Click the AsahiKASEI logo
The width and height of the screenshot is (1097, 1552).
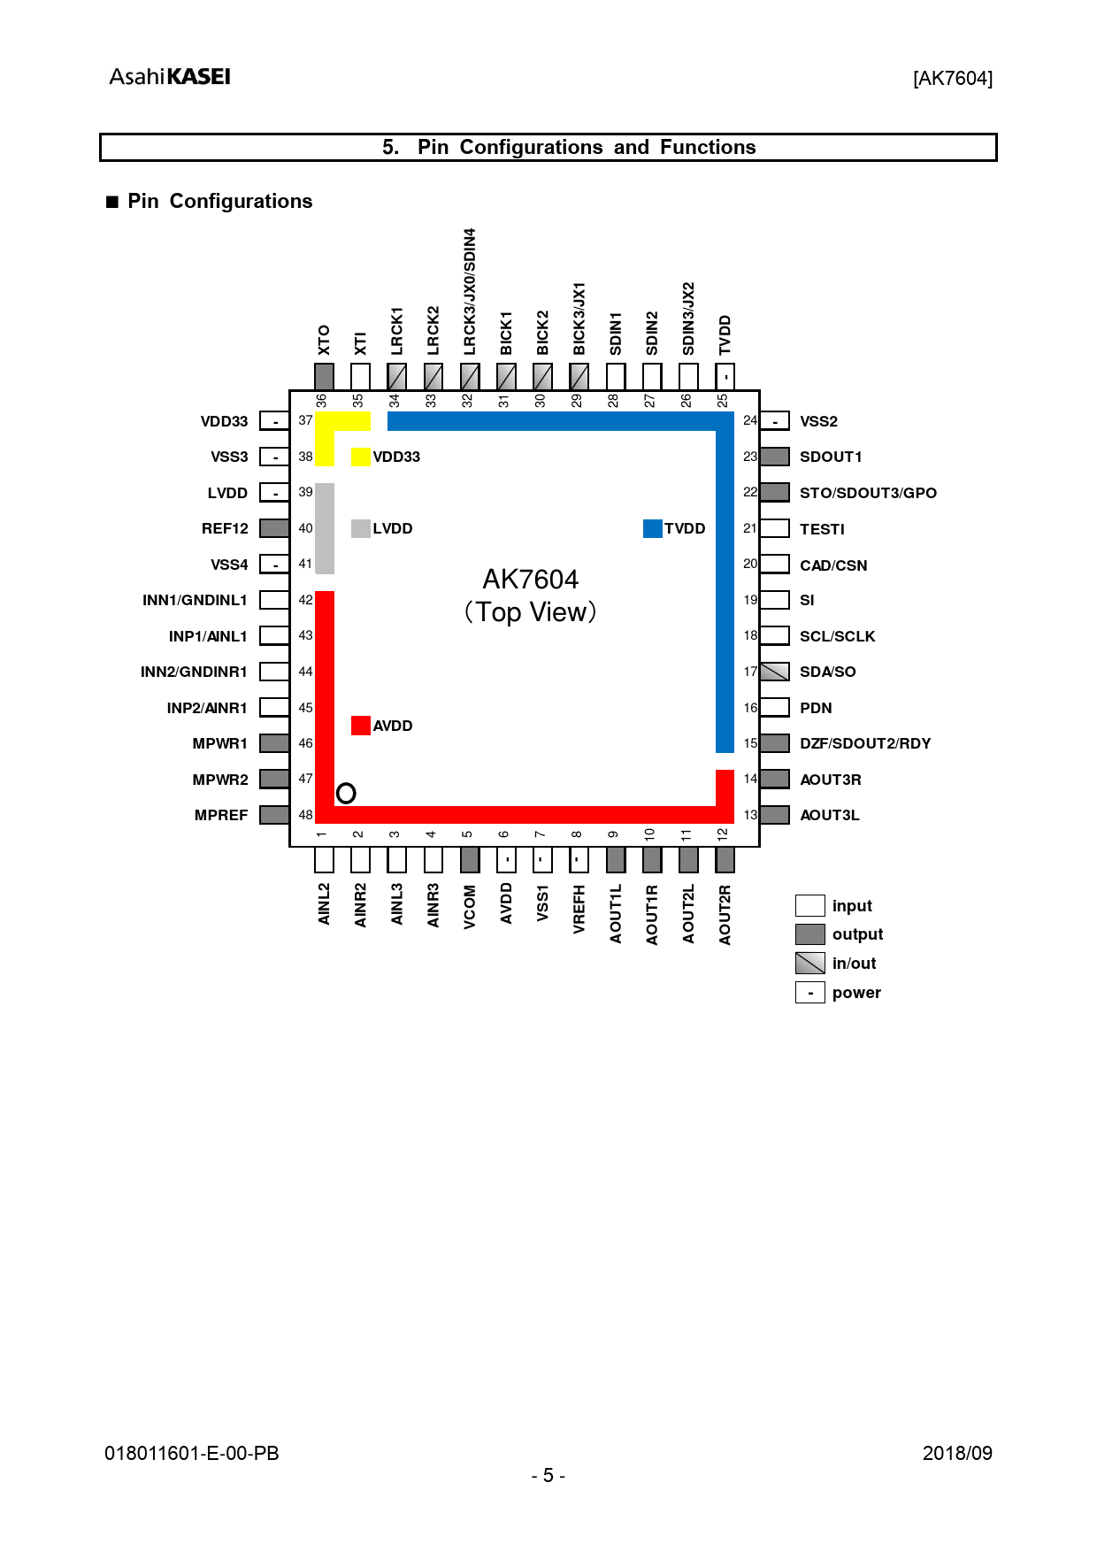point(170,77)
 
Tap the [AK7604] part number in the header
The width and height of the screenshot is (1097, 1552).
point(953,79)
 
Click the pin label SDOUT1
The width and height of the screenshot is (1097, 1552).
point(831,457)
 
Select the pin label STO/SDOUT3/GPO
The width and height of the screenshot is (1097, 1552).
point(868,493)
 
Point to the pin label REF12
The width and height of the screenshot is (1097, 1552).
point(225,528)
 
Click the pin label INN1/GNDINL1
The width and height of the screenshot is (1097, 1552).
point(195,600)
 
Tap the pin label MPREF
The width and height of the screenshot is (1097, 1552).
point(221,815)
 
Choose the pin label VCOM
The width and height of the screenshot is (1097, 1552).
point(470,907)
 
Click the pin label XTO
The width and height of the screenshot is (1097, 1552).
point(324,340)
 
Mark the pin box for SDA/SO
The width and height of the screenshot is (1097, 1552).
point(775,672)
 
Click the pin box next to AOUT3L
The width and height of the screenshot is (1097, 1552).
point(775,815)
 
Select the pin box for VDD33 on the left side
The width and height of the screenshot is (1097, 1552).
point(274,421)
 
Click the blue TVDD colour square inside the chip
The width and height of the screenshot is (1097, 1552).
point(653,528)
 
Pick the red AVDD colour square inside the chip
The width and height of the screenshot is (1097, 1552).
point(361,726)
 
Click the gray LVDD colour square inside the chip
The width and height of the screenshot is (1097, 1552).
point(361,528)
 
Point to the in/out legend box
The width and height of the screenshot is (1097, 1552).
point(810,963)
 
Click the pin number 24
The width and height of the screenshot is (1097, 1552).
point(750,420)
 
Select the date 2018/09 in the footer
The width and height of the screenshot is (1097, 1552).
point(957,1454)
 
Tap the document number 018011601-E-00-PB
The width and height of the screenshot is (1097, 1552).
point(192,1454)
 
